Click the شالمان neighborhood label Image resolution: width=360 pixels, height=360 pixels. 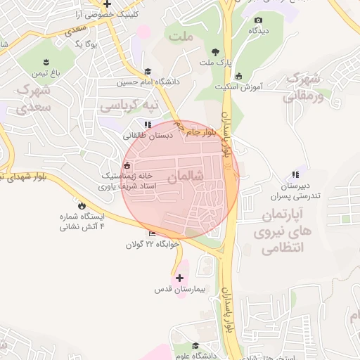point(187,177)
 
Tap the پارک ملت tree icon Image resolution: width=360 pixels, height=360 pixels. point(215,51)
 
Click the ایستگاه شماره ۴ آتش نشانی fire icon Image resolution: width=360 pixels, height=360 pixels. point(82,205)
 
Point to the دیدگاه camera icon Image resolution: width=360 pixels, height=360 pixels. point(258,20)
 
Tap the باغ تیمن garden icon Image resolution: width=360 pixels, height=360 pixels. point(46,61)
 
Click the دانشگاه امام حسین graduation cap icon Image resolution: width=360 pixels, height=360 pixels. point(147,71)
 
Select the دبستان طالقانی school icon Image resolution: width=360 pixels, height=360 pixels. point(147,124)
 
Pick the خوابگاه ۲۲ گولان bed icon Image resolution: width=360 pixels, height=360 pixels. point(153,234)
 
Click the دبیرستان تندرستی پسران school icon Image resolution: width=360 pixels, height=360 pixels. point(295,174)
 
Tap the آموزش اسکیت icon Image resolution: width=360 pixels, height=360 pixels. point(238,76)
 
